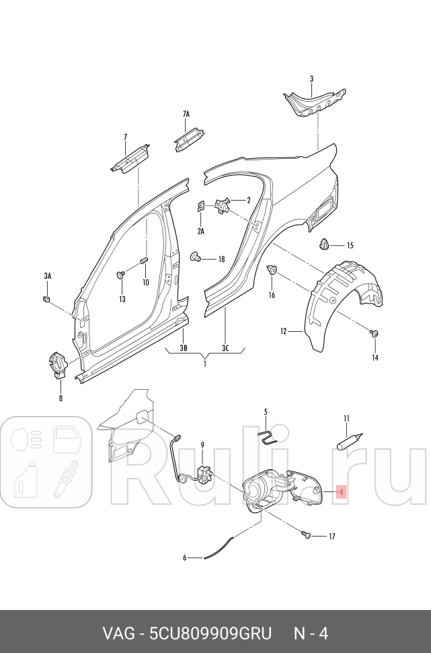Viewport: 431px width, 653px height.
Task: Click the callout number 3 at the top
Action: coord(311,79)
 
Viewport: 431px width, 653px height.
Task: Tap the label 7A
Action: coord(186,115)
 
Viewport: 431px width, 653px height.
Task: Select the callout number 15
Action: coord(350,246)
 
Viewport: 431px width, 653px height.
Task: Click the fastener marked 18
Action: coord(198,257)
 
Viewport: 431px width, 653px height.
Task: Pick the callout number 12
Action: coord(284,331)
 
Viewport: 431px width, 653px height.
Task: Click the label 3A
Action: coord(48,276)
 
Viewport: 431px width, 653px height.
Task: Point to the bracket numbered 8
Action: coord(58,364)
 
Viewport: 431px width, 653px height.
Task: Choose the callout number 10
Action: coord(145,282)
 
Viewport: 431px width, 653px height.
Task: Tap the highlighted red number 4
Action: coord(342,493)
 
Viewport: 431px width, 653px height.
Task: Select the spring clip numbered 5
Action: coord(268,437)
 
